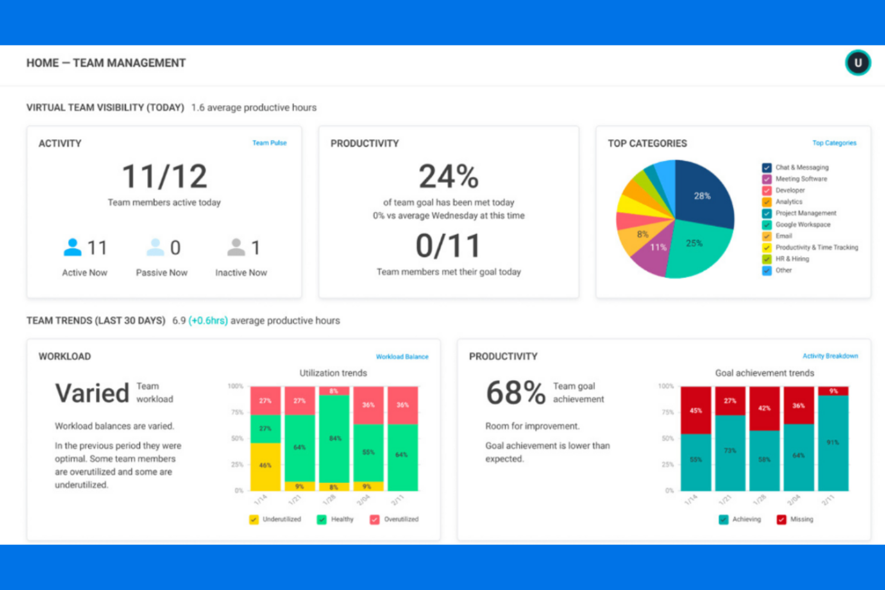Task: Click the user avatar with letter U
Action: pos(857,63)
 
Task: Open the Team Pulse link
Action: pos(269,143)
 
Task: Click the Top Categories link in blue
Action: pos(834,143)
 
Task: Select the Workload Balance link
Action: pos(402,357)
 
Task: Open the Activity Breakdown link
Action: pos(830,356)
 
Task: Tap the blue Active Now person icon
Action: pos(72,247)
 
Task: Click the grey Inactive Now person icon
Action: pos(236,247)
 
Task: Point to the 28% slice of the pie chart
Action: pos(703,196)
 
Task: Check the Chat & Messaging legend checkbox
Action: pos(767,168)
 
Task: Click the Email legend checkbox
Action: pos(767,236)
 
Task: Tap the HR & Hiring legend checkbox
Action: pos(767,259)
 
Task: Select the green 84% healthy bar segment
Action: pos(334,439)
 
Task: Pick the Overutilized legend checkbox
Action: pos(374,519)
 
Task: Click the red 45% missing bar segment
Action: pos(695,411)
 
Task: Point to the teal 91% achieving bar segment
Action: pos(833,443)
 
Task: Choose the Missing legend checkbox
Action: pos(781,519)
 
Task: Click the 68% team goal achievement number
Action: pos(515,393)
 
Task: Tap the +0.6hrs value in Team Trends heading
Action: pos(208,321)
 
